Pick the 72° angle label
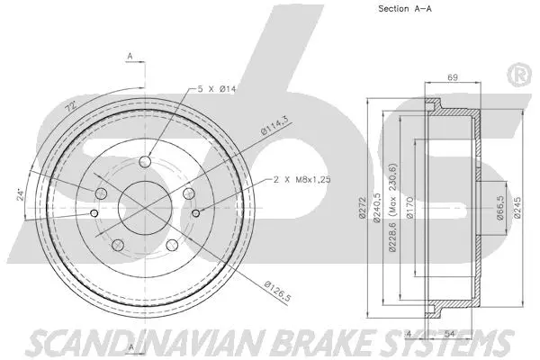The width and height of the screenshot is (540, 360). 70,108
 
